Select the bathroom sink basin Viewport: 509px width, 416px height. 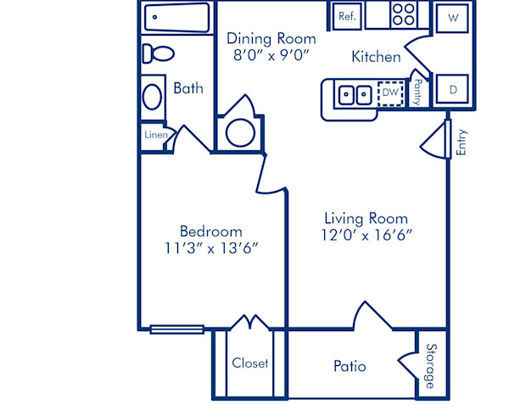tap(154, 95)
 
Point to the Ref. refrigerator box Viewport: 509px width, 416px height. tap(347, 16)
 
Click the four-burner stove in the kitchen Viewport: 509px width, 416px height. tap(404, 14)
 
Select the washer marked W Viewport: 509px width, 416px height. tap(453, 17)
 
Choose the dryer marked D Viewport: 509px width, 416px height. tap(453, 88)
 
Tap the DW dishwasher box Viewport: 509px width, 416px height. tap(389, 92)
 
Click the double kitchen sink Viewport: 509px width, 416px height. tap(354, 93)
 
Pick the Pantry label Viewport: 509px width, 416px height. tap(418, 92)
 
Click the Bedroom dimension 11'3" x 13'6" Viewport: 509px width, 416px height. tap(211, 248)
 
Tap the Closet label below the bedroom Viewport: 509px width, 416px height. tap(250, 363)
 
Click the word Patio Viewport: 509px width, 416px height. tap(350, 367)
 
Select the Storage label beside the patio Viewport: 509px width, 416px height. tap(430, 365)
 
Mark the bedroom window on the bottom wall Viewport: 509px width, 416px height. tap(176, 329)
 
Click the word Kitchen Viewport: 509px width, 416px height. tap(377, 57)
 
